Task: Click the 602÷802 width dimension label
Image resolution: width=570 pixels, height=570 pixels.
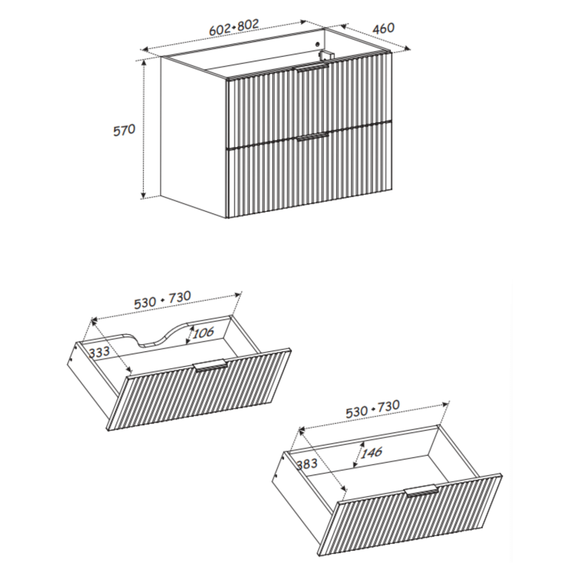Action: tap(234, 27)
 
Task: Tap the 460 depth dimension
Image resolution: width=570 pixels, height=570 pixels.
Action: tap(383, 28)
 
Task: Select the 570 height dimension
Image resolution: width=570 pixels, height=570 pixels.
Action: tap(124, 130)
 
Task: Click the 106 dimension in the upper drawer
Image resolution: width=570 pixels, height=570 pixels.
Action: tap(203, 332)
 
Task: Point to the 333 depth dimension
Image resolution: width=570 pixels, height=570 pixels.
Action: tap(99, 352)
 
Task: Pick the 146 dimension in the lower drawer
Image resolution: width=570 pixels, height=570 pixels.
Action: tap(372, 452)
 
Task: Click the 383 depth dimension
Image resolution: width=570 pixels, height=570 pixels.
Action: tap(307, 464)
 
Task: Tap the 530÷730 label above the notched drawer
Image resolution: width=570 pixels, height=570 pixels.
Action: tap(162, 300)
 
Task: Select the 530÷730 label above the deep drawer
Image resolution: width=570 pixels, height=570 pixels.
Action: tap(372, 409)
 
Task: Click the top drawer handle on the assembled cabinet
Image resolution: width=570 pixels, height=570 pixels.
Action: tap(312, 68)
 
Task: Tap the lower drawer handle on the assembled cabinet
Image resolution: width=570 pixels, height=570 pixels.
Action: tap(312, 137)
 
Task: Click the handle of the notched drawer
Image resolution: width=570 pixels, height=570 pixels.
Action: tap(210, 366)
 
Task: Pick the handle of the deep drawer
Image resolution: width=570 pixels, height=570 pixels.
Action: tap(422, 490)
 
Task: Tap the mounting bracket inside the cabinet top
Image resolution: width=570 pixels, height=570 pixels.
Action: tap(326, 55)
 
